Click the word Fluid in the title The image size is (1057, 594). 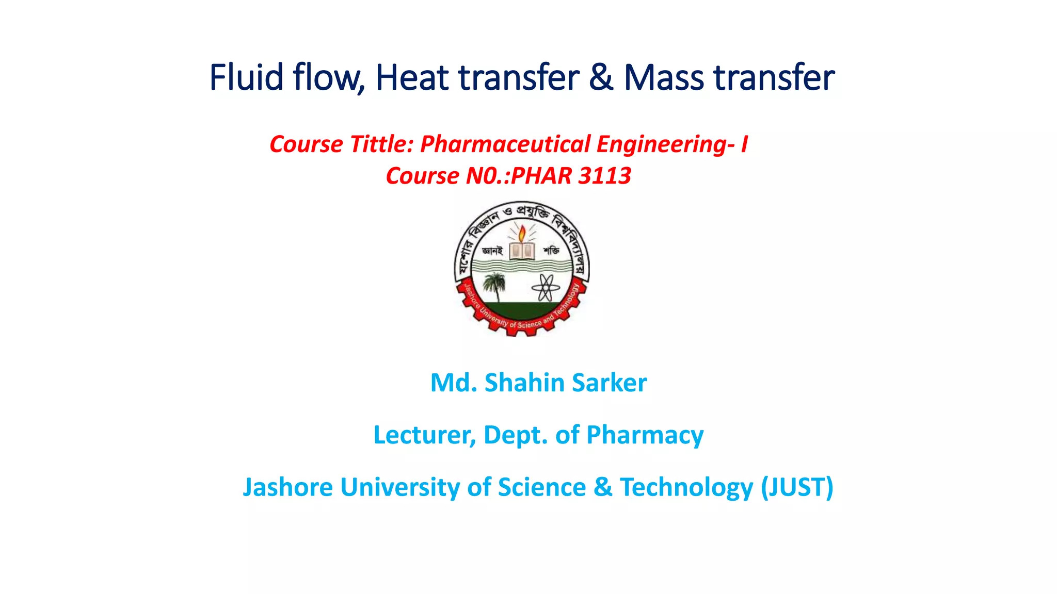point(246,77)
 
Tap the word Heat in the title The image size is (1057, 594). point(412,77)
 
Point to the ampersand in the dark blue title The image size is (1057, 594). point(601,77)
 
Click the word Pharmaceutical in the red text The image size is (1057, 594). point(505,144)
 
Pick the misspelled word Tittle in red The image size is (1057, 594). point(381,144)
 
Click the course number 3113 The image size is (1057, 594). point(604,176)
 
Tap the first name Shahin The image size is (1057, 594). point(524,383)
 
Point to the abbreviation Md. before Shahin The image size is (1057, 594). point(454,383)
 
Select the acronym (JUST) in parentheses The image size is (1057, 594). point(797,487)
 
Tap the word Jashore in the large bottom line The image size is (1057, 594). point(287,487)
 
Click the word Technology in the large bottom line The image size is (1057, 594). point(686,487)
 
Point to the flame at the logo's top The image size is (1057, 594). point(522,233)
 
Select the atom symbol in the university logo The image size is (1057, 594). point(546,287)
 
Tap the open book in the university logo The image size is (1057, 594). point(522,251)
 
